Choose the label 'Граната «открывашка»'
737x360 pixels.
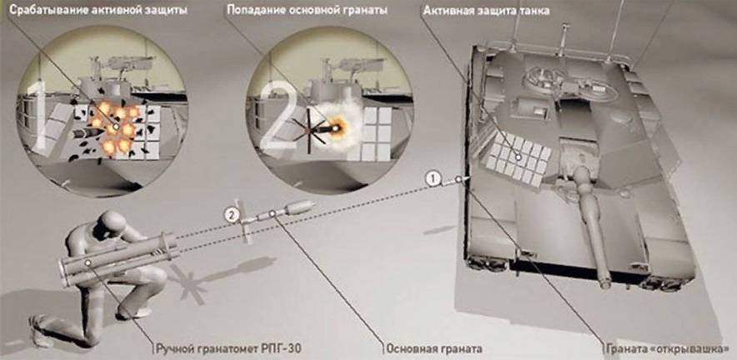tap(670, 347)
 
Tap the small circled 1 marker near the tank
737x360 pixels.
tap(432, 177)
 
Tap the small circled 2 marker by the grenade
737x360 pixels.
tap(231, 215)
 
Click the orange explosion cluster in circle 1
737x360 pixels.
tap(112, 125)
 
